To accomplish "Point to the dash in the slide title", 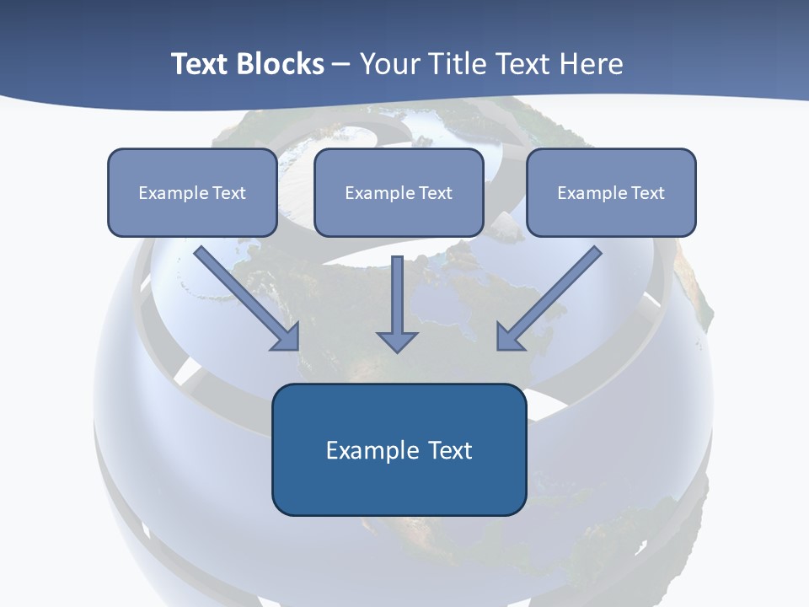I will [341, 64].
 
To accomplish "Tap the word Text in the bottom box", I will [450, 450].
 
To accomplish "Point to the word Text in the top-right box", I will [647, 192].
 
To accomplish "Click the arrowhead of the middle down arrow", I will [397, 341].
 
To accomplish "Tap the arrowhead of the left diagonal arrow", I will [287, 336].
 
